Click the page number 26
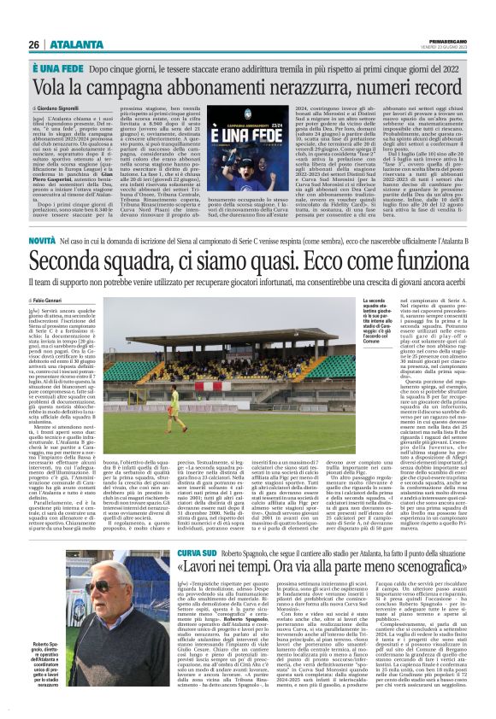[33, 44]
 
